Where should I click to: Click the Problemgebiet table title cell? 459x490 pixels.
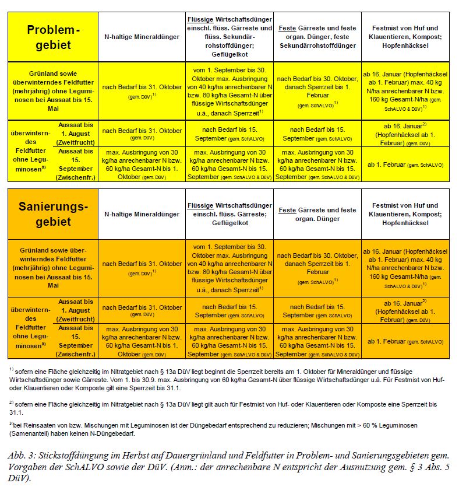tap(53, 37)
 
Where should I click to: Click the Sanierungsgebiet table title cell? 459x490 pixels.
tap(53, 214)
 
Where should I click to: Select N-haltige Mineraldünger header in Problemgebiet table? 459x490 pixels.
tap(142, 37)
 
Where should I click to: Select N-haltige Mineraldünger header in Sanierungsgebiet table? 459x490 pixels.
tap(142, 214)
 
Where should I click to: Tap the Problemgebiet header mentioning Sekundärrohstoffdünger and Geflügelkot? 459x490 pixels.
tap(230, 37)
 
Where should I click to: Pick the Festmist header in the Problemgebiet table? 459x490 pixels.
tap(405, 36)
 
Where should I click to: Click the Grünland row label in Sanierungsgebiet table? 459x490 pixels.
tap(53, 268)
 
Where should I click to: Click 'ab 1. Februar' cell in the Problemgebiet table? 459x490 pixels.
tap(405, 164)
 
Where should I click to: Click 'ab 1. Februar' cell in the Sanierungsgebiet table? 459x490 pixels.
tap(405, 341)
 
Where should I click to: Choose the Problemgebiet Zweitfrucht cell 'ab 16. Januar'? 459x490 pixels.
tap(405, 133)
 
